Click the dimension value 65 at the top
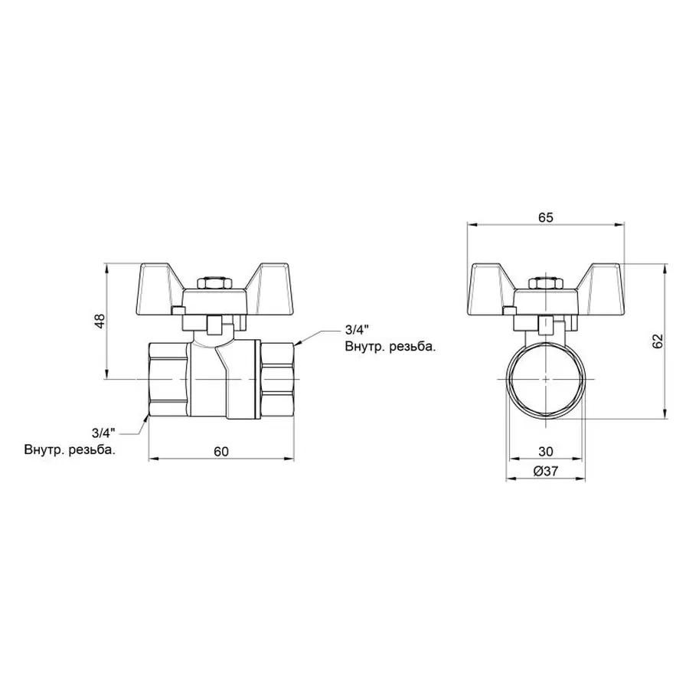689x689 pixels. (x=544, y=217)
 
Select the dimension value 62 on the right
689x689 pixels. (x=656, y=341)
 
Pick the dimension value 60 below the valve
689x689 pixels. (x=220, y=451)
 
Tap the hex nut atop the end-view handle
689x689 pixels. (x=544, y=284)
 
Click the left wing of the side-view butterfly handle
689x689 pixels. (x=157, y=284)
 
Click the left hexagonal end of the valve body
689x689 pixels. (x=167, y=380)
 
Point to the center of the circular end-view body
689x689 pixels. (x=544, y=380)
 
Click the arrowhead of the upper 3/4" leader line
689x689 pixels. (x=297, y=343)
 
